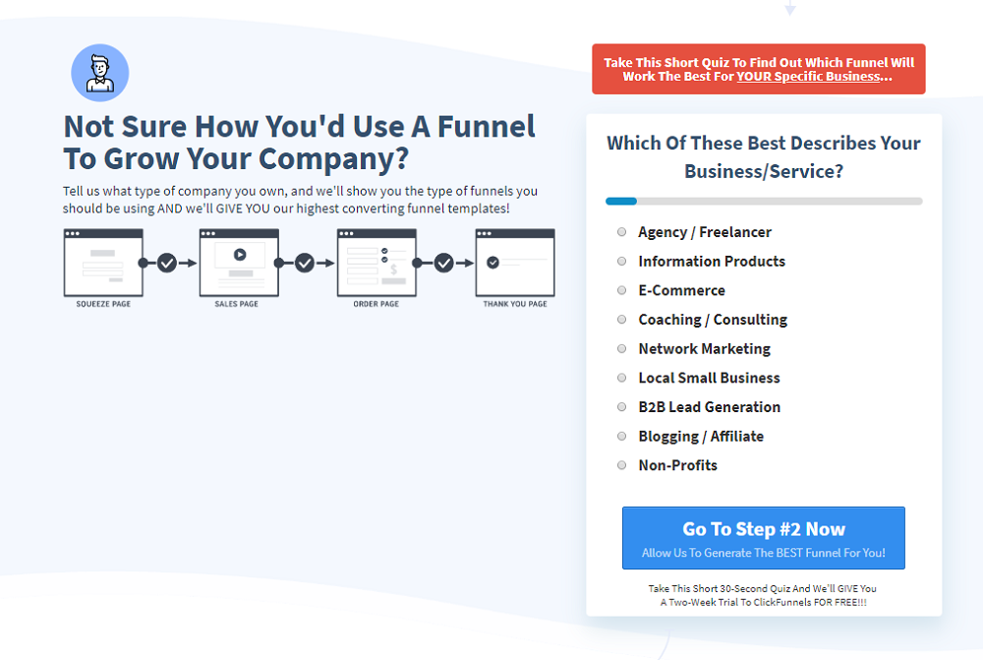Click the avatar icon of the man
(x=100, y=73)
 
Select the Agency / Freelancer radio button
(x=621, y=232)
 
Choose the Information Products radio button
(x=621, y=262)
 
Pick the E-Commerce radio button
(x=621, y=290)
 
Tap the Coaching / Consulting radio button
(x=621, y=320)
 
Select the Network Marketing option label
(x=704, y=349)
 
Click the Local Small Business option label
(x=709, y=378)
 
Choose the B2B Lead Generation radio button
(x=621, y=407)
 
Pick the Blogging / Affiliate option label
(x=700, y=436)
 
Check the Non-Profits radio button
(x=621, y=465)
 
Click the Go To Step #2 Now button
(x=763, y=538)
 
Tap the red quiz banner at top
(x=758, y=69)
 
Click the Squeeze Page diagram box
(x=103, y=263)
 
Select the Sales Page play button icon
(x=240, y=254)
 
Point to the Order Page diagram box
(x=376, y=263)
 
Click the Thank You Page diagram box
(x=515, y=263)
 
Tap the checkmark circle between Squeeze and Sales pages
(x=167, y=263)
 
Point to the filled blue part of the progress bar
(x=621, y=201)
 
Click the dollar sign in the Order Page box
(x=393, y=268)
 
